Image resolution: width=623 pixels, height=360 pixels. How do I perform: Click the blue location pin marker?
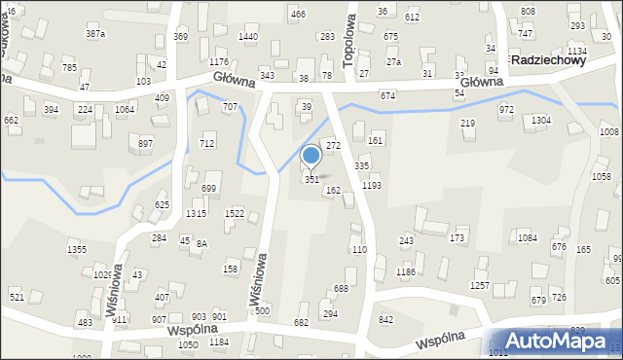click(311, 157)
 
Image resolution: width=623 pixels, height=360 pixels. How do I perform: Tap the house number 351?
click(311, 180)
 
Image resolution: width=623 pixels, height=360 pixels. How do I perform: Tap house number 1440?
click(248, 37)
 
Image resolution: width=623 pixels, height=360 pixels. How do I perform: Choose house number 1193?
click(371, 185)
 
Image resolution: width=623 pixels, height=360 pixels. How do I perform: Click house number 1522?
click(235, 213)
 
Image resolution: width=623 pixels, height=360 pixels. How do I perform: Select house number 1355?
click(77, 251)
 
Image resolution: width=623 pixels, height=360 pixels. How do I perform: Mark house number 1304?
click(541, 120)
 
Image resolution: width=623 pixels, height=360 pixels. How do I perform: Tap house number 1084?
click(528, 237)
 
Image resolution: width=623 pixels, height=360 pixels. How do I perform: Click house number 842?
click(386, 320)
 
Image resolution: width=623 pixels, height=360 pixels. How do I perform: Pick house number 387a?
click(95, 34)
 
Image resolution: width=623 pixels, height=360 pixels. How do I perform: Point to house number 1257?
click(480, 286)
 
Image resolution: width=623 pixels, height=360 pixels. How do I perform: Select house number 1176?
click(219, 62)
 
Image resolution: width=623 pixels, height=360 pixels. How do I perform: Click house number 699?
click(209, 189)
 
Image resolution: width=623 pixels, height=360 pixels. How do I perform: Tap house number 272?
click(333, 145)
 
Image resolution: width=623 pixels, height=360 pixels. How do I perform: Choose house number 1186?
click(406, 273)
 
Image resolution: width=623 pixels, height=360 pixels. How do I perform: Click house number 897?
click(146, 144)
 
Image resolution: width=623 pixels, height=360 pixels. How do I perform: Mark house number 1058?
click(602, 176)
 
